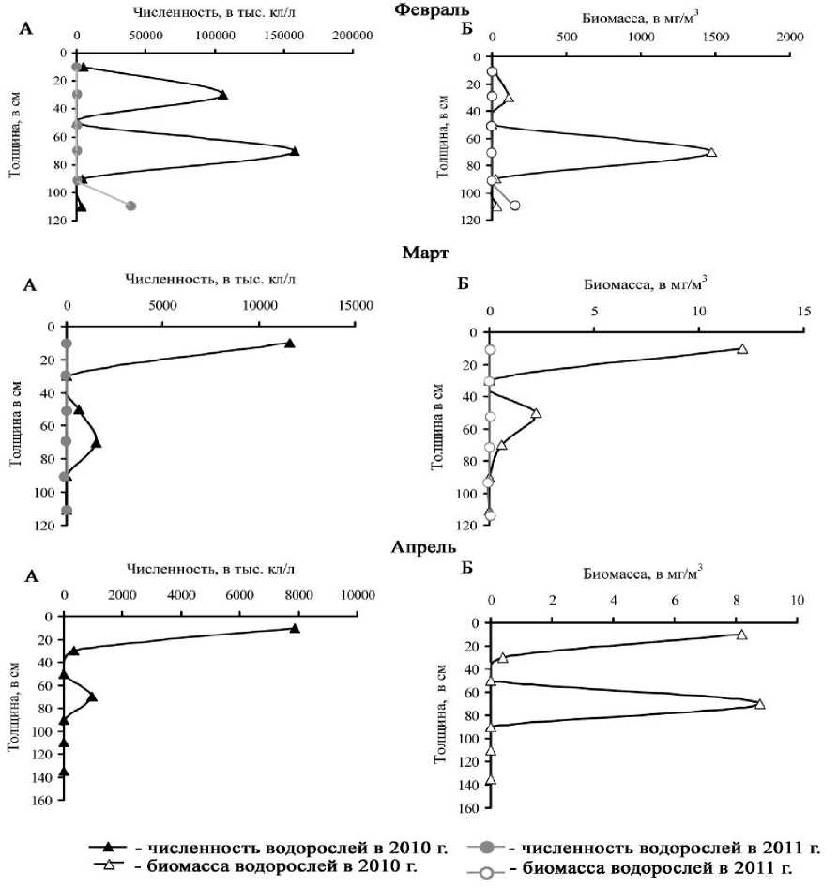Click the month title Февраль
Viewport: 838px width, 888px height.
(x=419, y=8)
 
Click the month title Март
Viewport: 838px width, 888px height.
(x=419, y=255)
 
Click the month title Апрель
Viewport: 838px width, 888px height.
(x=419, y=547)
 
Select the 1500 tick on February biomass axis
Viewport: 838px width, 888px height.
(x=715, y=37)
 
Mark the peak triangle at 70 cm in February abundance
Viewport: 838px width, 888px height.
(x=295, y=150)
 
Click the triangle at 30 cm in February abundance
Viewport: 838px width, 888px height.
(x=222, y=95)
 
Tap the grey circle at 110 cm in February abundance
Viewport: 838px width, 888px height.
(x=131, y=206)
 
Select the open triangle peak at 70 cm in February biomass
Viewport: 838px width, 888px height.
(x=711, y=152)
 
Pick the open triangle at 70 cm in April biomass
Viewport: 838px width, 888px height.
(x=760, y=704)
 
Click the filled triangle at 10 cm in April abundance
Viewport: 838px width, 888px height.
(x=295, y=629)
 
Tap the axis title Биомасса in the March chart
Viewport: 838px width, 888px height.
(x=644, y=281)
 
